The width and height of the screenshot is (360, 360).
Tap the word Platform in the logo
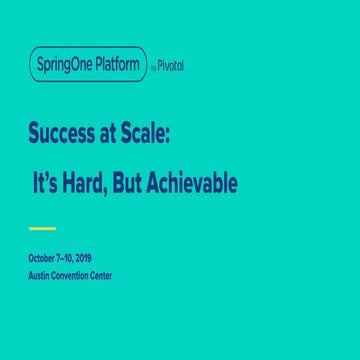click(x=120, y=63)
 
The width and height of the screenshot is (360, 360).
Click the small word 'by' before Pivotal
click(x=155, y=66)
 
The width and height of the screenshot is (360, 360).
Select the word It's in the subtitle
click(x=50, y=185)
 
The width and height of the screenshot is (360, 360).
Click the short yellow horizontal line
click(x=42, y=229)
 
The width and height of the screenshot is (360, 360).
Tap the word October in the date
click(x=44, y=258)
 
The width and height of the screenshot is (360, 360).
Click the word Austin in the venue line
click(x=41, y=273)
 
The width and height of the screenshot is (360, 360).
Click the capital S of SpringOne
click(x=40, y=63)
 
